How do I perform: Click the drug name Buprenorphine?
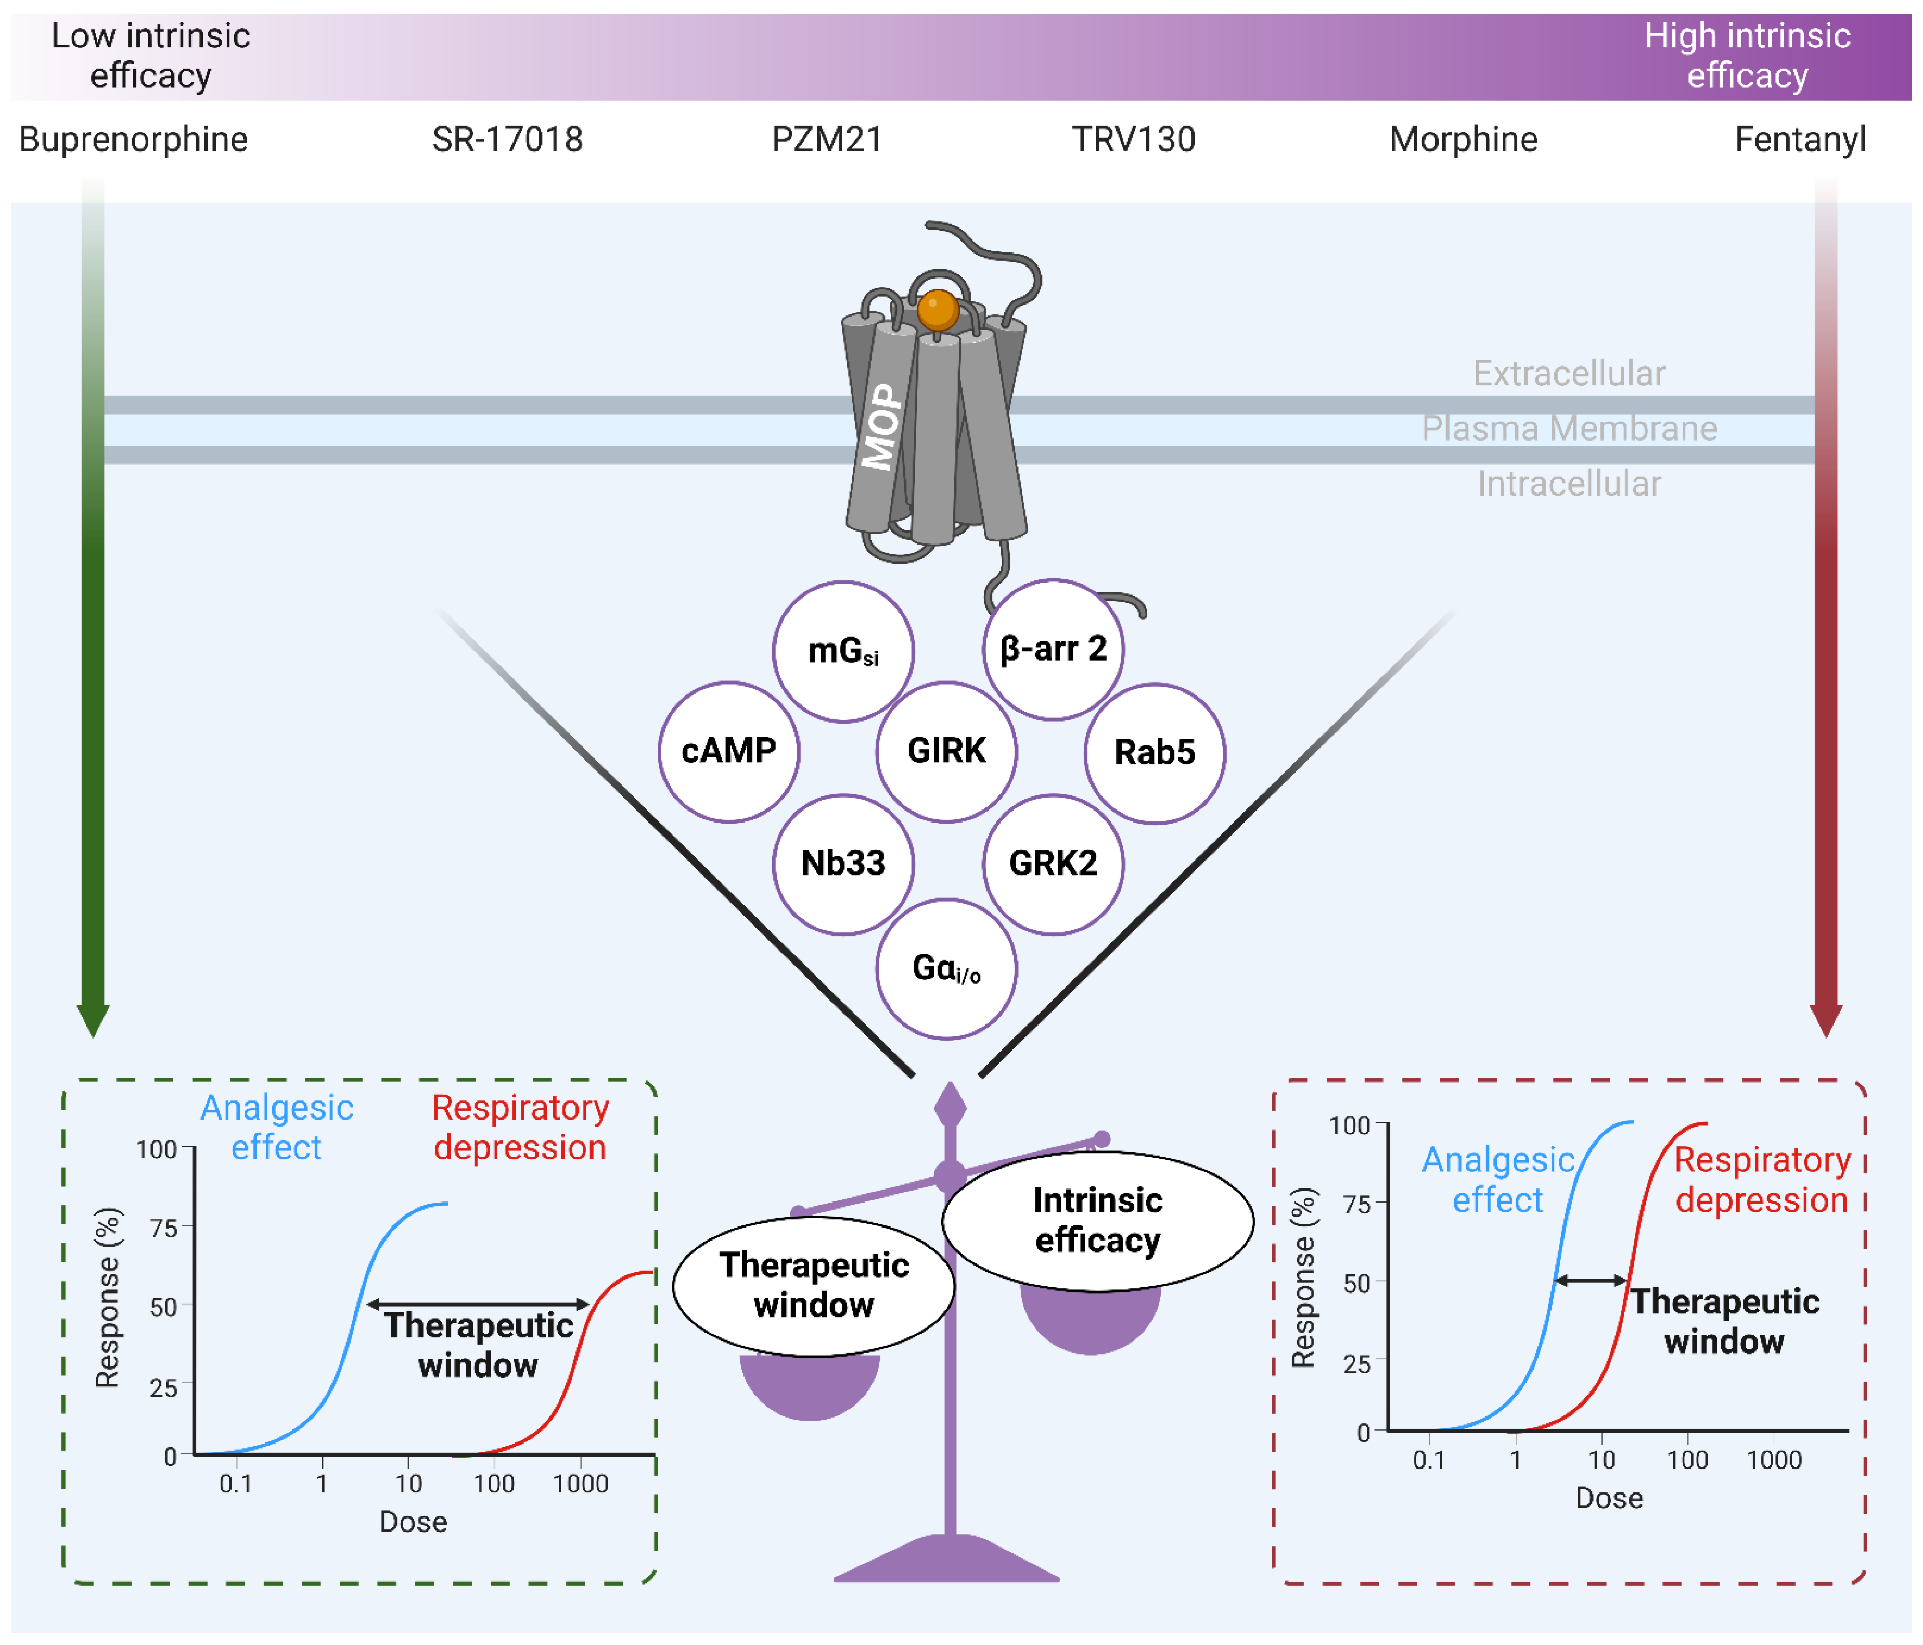pyautogui.click(x=134, y=139)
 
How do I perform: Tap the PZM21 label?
pyautogui.click(x=826, y=139)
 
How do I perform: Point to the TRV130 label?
pyautogui.click(x=1133, y=139)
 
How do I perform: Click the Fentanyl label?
pyautogui.click(x=1800, y=139)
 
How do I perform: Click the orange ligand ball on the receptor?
pyautogui.click(x=938, y=310)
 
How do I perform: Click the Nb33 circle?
pyautogui.click(x=843, y=863)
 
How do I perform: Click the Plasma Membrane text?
pyautogui.click(x=1569, y=428)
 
